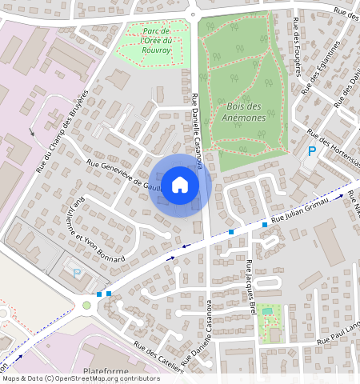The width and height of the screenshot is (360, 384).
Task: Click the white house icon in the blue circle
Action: [x=180, y=184]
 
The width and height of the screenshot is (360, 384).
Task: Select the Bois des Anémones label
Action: [x=246, y=112]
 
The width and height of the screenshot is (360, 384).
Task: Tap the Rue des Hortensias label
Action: [x=334, y=145]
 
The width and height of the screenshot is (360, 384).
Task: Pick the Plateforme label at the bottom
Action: [x=106, y=372]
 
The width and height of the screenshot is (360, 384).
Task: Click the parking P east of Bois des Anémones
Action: [x=312, y=151]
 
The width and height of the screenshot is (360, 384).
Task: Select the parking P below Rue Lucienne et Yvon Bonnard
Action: [x=77, y=273]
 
